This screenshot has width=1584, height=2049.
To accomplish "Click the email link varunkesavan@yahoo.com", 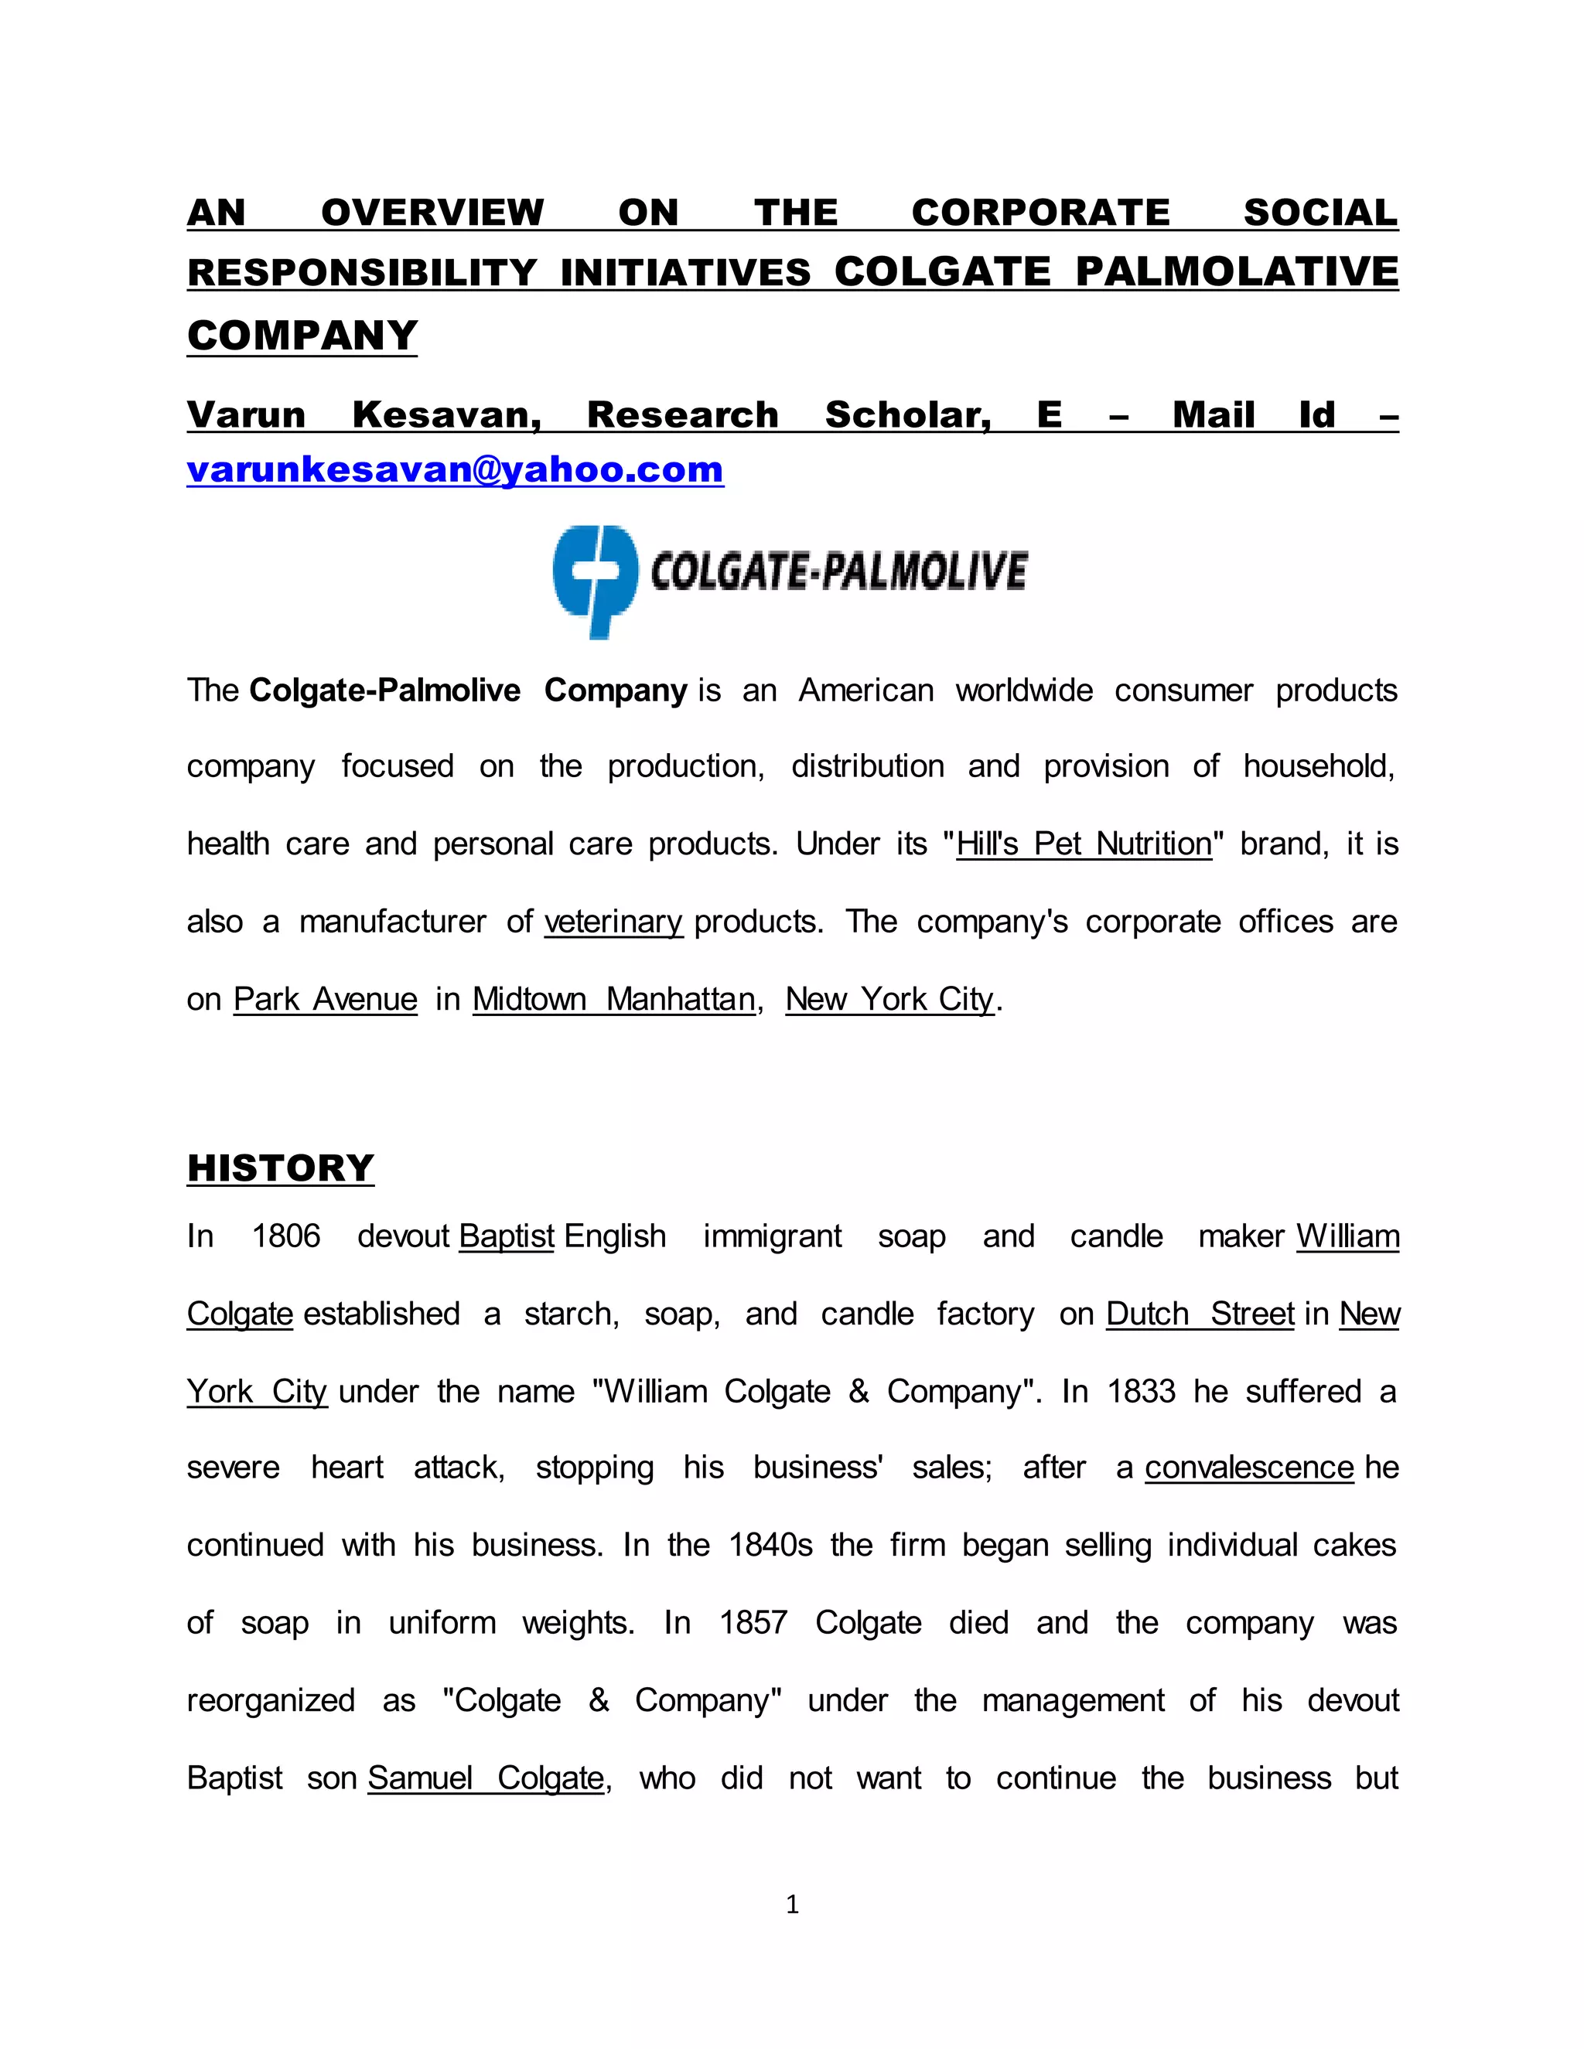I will tap(455, 469).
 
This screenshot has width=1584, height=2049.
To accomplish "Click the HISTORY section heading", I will tap(281, 1168).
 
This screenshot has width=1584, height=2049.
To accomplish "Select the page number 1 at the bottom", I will tap(792, 1904).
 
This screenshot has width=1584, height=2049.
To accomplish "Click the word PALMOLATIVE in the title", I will tap(1237, 272).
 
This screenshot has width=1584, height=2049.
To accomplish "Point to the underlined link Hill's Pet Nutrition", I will tap(1084, 844).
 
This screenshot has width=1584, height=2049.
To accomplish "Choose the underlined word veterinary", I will tap(613, 922).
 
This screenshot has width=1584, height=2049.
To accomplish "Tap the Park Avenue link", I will tap(325, 999).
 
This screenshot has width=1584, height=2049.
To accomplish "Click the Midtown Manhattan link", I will tap(613, 999).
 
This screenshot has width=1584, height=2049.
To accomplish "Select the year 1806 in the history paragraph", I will tap(286, 1236).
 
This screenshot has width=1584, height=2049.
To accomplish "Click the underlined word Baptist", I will tap(507, 1236).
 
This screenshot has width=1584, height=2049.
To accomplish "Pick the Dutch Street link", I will tap(1200, 1314).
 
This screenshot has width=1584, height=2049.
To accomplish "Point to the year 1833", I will tap(1141, 1390).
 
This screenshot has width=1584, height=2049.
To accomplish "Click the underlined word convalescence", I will tap(1249, 1468).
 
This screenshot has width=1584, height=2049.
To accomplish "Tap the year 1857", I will tap(753, 1622).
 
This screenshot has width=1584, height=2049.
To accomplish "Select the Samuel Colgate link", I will tap(486, 1778).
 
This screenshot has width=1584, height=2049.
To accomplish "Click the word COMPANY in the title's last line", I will tap(302, 336).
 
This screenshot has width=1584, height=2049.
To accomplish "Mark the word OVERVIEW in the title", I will tap(432, 213).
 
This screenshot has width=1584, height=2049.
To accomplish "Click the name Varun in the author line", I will tap(246, 414).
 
